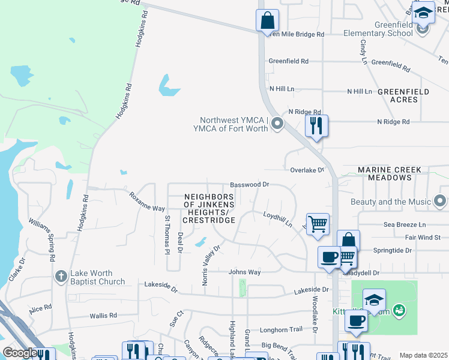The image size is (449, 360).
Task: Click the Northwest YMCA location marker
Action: pos(277,124)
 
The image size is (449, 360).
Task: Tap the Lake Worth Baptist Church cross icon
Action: pos(61,277)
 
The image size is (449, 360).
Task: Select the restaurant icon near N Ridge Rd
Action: pos(316,126)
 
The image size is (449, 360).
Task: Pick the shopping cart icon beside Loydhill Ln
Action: pos(318,225)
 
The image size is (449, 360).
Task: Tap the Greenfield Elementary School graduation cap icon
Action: pos(423,13)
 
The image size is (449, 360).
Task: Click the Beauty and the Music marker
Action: pos(442,202)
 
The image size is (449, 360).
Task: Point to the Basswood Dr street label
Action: pos(250,185)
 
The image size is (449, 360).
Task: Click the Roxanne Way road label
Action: pos(147,201)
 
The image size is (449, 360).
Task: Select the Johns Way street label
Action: pos(244,272)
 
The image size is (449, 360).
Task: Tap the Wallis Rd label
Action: pos(103,315)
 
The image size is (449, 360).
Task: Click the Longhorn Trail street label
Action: pos(281,330)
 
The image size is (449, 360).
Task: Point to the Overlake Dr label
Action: pos(307,170)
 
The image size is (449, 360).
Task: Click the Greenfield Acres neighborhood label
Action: pos(403,95)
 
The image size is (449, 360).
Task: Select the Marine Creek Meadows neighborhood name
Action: pos(390,174)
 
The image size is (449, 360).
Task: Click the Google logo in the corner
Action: pos(20,353)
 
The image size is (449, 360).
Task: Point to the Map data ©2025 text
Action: pos(423,355)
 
